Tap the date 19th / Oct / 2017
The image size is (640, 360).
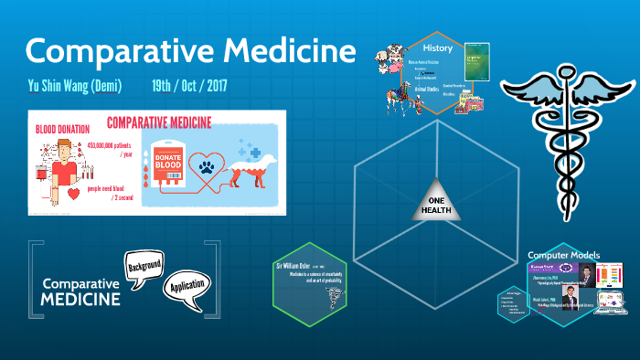(x=189, y=87)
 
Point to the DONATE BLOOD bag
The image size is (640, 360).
(x=173, y=156)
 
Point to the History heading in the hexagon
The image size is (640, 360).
(x=436, y=48)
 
